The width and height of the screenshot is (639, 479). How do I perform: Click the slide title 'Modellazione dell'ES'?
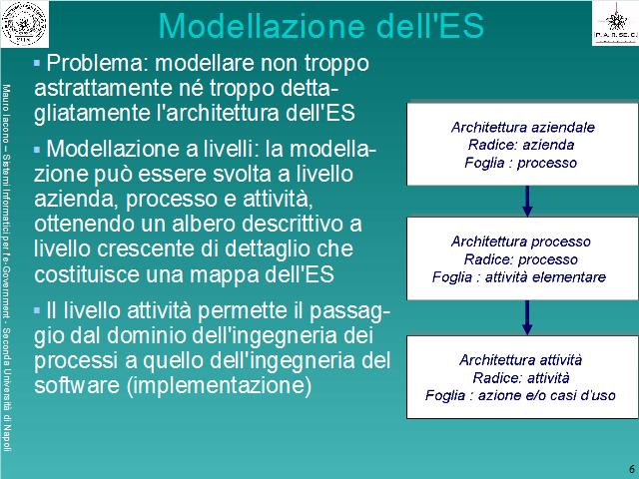click(x=320, y=26)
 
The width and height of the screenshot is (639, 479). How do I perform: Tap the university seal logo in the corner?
click(x=24, y=24)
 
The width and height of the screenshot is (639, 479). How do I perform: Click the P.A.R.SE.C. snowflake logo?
click(x=615, y=23)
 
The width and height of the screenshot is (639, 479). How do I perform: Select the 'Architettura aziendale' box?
click(x=522, y=144)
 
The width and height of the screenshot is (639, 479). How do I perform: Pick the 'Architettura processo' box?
click(x=522, y=258)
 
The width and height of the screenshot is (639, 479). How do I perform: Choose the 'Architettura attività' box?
click(x=522, y=377)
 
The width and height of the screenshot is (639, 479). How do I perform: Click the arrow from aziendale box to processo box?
click(x=527, y=202)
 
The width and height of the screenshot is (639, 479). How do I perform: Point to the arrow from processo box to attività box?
click(x=527, y=317)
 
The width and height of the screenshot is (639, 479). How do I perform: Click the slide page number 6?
click(x=632, y=468)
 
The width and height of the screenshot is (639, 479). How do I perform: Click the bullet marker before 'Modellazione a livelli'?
click(x=37, y=150)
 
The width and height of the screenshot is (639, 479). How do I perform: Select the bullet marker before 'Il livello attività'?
click(x=37, y=311)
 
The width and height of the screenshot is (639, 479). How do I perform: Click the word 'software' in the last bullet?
click(x=77, y=385)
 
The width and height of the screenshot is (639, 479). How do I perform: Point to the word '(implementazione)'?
click(x=220, y=386)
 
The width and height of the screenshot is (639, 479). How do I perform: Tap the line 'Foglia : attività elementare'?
click(x=519, y=277)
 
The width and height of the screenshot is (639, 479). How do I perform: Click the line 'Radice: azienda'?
click(x=521, y=145)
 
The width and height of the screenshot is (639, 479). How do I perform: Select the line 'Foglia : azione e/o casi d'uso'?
click(x=520, y=395)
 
